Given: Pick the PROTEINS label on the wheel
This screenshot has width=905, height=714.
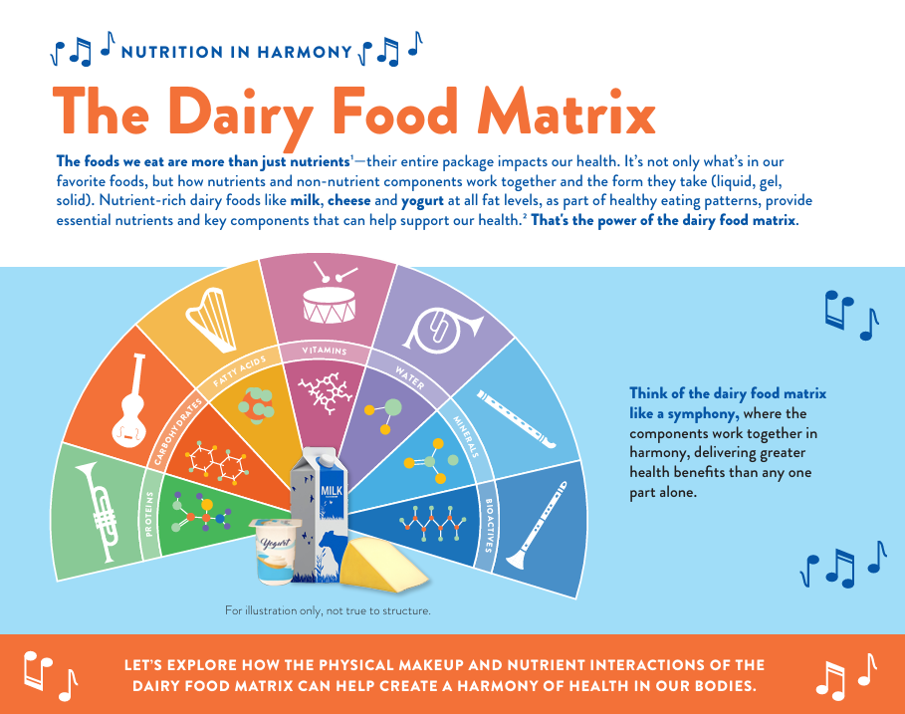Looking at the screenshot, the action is [x=150, y=514].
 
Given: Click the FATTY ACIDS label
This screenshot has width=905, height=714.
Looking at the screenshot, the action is [x=240, y=370].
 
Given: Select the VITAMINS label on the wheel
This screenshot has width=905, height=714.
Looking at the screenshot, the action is [x=325, y=350].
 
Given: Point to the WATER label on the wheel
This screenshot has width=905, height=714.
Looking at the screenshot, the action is [x=410, y=377].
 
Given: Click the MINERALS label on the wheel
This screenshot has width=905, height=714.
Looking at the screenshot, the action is [x=466, y=437].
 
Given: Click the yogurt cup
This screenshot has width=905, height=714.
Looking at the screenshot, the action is [x=275, y=551].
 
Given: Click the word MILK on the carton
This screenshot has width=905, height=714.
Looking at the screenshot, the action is [x=332, y=491].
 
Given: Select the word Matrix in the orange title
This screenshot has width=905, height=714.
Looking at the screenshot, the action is [x=566, y=112].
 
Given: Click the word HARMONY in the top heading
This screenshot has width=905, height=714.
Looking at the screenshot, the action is [x=305, y=52].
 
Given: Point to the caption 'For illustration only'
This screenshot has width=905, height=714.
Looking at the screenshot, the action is [x=328, y=610].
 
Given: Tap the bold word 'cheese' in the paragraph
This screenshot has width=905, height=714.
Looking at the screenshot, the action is [x=349, y=200].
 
